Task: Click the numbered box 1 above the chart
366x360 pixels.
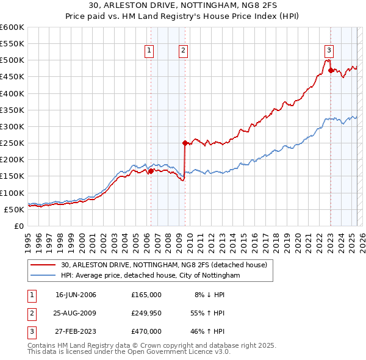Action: pos(149,51)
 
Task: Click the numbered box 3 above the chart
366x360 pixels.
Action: pos(329,51)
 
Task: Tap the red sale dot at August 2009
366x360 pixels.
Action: pos(184,143)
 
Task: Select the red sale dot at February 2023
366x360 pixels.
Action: pos(331,70)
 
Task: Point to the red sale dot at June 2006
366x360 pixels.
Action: pos(151,171)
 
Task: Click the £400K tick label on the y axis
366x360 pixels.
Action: pos(12,93)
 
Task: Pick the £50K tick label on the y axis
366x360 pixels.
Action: pos(14,209)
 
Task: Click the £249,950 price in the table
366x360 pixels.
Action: pos(146,313)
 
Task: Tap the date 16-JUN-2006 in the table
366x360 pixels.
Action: pos(76,295)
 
